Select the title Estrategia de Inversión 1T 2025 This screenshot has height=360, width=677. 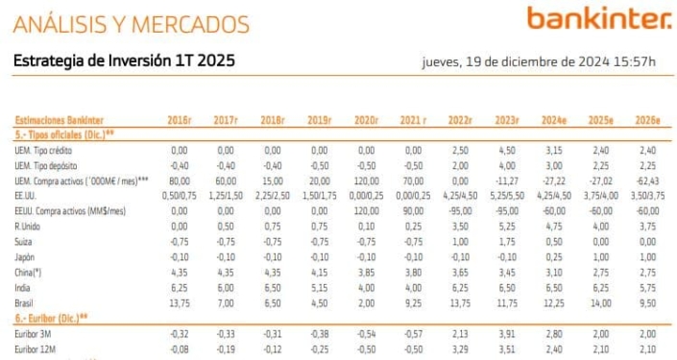[124, 61]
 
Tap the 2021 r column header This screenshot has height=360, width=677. [413, 121]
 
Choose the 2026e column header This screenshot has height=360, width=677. [647, 121]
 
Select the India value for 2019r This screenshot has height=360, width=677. [319, 287]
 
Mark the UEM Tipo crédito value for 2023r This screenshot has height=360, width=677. [506, 151]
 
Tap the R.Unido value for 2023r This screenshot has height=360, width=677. [506, 227]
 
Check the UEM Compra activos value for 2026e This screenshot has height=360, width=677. [647, 180]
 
